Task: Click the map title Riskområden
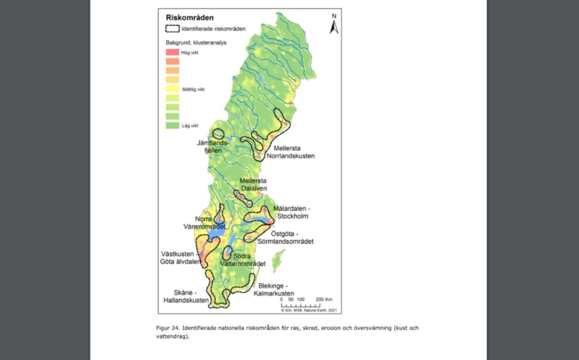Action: (x=189, y=18)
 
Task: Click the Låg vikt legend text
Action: (x=190, y=125)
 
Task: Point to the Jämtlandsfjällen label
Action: (x=212, y=147)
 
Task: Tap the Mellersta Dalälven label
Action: (x=254, y=184)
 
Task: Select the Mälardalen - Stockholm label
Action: (x=292, y=212)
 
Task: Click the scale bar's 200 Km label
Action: (x=324, y=300)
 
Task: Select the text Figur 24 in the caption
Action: (x=167, y=328)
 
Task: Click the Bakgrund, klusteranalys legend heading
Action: (x=196, y=42)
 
